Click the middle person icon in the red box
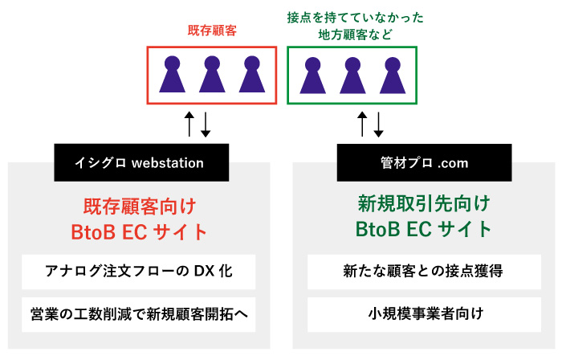point(211,75)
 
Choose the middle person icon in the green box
point(352,75)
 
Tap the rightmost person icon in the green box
point(392,75)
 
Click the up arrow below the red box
point(189,123)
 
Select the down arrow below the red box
point(205,123)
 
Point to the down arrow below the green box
point(378,123)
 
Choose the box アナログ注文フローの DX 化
point(140,271)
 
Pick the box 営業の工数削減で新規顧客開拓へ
point(140,313)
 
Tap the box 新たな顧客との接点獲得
point(423,271)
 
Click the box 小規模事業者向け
point(423,313)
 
